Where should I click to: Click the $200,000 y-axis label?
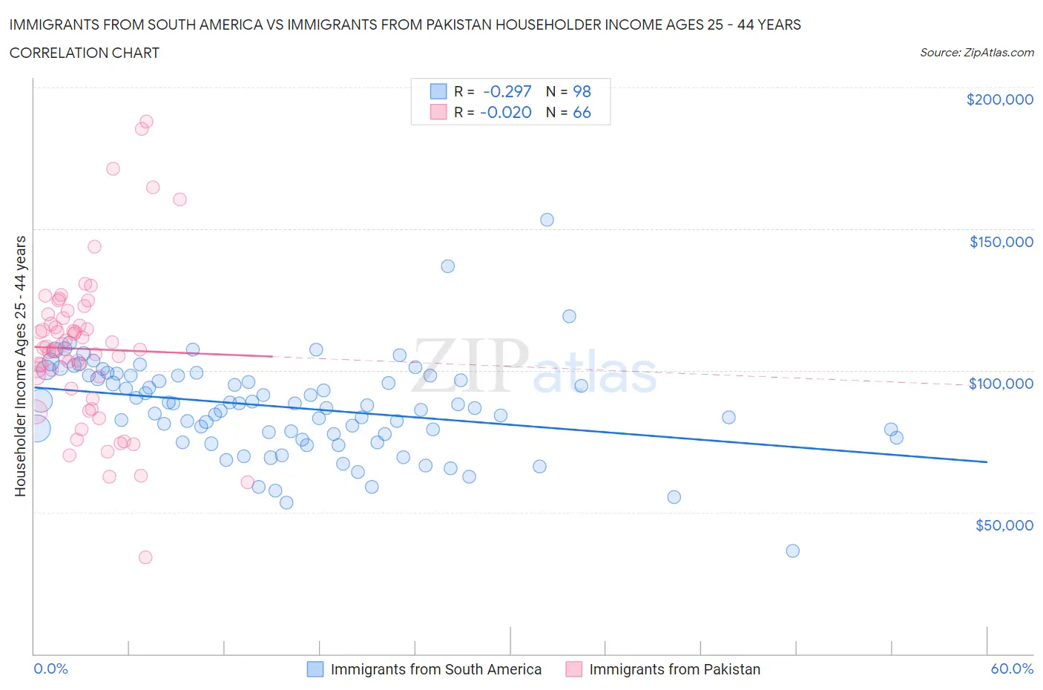point(999,99)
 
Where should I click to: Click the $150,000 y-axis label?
point(1001,242)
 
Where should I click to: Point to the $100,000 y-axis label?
point(1001,384)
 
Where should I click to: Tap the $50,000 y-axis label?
point(1004,525)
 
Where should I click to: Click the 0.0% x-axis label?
point(50,668)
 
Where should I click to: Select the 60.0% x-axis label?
point(1012,668)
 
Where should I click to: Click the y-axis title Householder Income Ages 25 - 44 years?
point(20,366)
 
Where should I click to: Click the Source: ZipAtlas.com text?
point(976,53)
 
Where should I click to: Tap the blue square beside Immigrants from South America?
point(315,669)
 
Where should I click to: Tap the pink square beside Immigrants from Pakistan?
point(573,669)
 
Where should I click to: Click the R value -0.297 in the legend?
point(507,91)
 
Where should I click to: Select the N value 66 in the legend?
point(582,112)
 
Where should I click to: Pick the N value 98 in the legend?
point(582,91)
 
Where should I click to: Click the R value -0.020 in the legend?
point(505,112)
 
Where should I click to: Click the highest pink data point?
point(146,122)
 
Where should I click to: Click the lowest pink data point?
point(145,557)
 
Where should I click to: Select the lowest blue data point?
point(792,551)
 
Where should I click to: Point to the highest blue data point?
point(547,220)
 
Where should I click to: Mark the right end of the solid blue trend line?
point(987,462)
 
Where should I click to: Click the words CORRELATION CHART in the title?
point(85,53)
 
